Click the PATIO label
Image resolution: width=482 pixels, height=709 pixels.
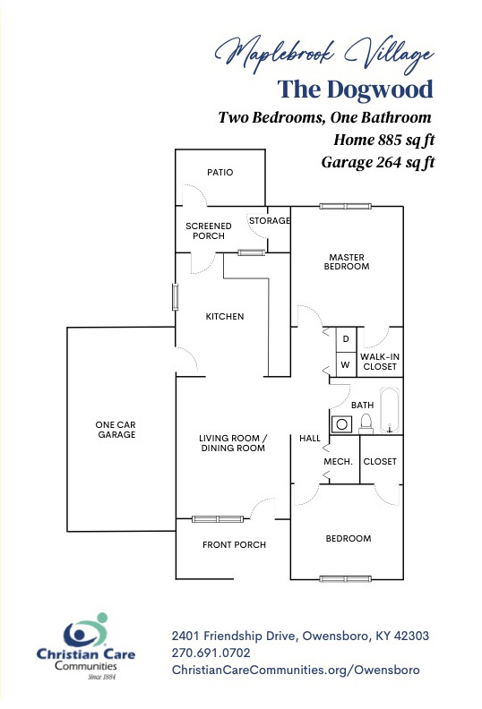pyautogui.click(x=220, y=172)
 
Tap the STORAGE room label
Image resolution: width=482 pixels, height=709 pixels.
pyautogui.click(x=270, y=220)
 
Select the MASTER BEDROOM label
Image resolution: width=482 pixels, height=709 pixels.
pyautogui.click(x=347, y=261)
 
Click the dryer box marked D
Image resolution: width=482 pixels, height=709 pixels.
pyautogui.click(x=346, y=339)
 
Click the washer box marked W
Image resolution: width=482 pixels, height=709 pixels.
pyautogui.click(x=346, y=364)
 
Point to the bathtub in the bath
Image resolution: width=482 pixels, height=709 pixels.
pyautogui.click(x=389, y=410)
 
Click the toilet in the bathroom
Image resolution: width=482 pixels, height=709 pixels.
pyautogui.click(x=366, y=423)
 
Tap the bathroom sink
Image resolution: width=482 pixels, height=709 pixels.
pyautogui.click(x=341, y=424)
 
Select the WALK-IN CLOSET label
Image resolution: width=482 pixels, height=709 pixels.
pyautogui.click(x=380, y=362)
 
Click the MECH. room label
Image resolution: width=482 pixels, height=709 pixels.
pyautogui.click(x=338, y=462)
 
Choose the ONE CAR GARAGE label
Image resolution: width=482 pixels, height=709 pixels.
pyautogui.click(x=116, y=430)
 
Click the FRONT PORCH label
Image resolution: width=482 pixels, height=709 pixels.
pyautogui.click(x=234, y=545)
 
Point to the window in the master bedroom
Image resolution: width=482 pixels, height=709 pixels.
pyautogui.click(x=345, y=206)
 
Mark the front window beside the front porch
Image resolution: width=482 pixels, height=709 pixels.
pyautogui.click(x=218, y=519)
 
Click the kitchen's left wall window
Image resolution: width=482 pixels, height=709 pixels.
pyautogui.click(x=175, y=297)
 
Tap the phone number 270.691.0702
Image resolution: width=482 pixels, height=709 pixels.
pyautogui.click(x=211, y=653)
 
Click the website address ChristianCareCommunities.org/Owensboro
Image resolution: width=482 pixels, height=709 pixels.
pyautogui.click(x=296, y=671)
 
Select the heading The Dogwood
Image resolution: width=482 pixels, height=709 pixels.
pyautogui.click(x=356, y=90)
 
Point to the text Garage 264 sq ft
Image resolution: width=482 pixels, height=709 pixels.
pyautogui.click(x=378, y=162)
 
